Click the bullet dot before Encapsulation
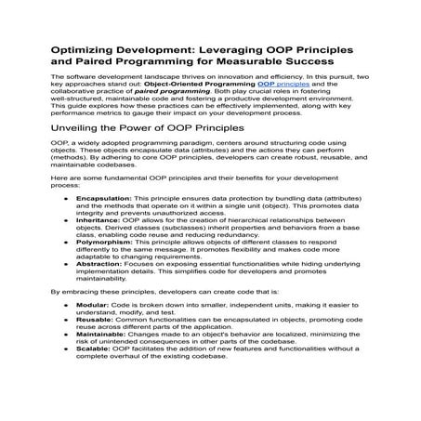(65, 225)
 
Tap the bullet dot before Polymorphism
(65, 280)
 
